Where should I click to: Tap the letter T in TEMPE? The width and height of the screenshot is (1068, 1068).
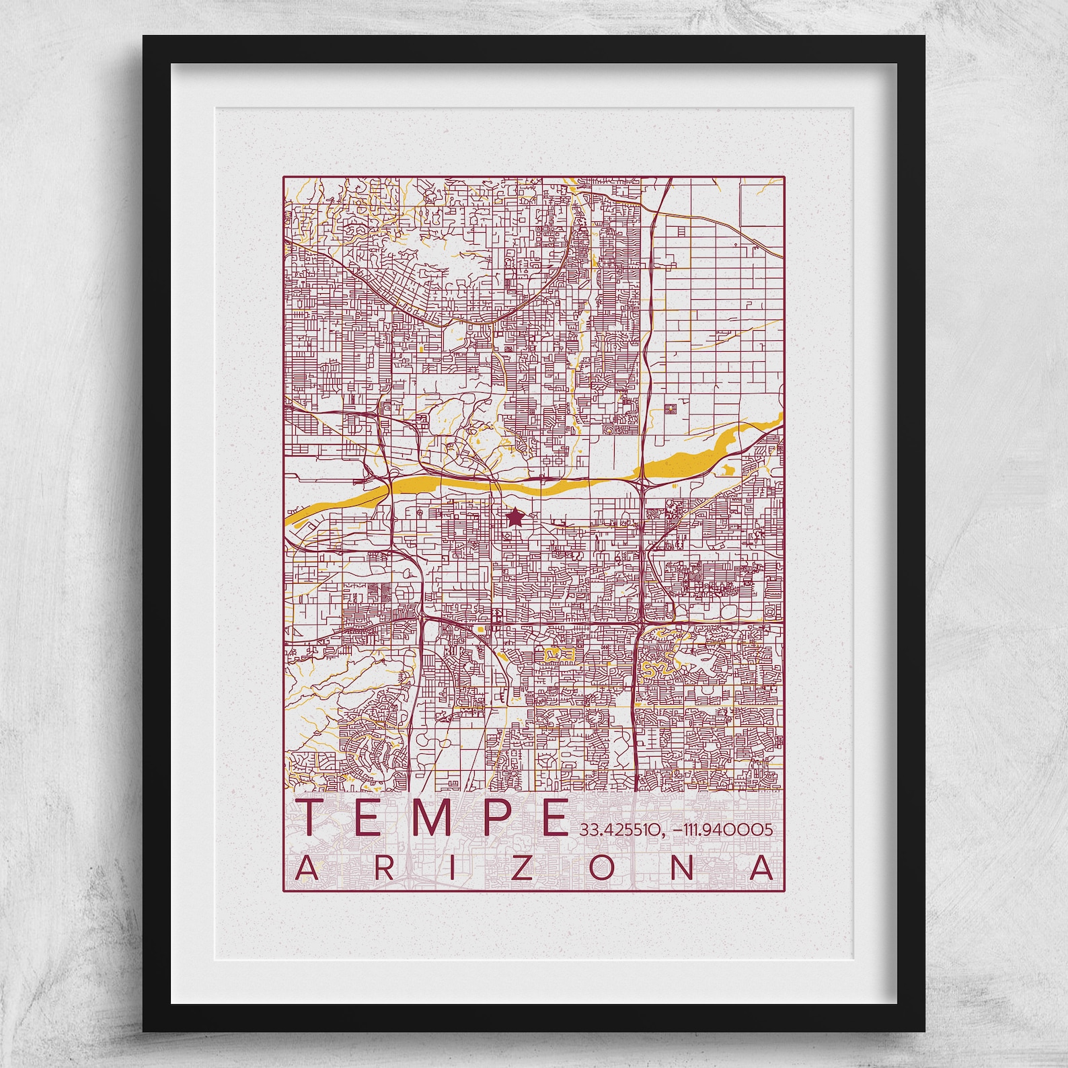(x=315, y=817)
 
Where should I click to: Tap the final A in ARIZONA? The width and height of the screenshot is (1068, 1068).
(x=761, y=868)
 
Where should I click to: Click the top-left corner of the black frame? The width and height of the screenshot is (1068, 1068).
(x=144, y=36)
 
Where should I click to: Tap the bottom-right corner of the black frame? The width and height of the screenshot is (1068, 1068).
(x=924, y=1030)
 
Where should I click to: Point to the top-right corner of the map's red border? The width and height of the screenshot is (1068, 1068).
(x=784, y=177)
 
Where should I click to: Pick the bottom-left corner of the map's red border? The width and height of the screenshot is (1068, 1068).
(x=283, y=891)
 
